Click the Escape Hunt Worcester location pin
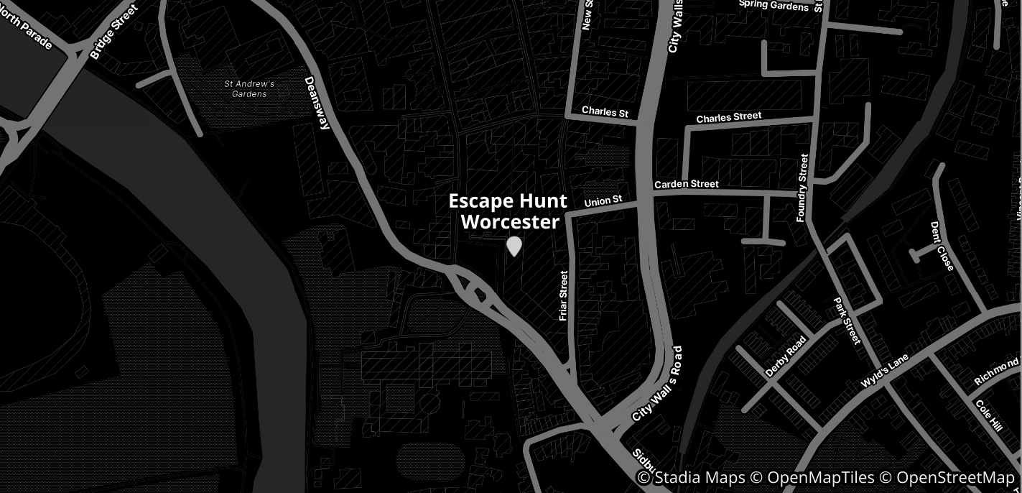tap(514, 247)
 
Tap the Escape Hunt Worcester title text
tap(508, 211)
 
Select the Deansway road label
tap(317, 103)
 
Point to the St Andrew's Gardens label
tap(249, 89)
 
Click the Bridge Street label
tap(113, 32)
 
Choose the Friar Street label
tap(563, 295)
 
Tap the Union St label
tap(602, 202)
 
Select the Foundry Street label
tap(803, 188)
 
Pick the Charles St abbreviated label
tap(605, 112)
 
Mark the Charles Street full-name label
tap(728, 116)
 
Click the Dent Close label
tap(942, 246)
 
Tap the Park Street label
tap(847, 321)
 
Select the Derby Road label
tap(786, 356)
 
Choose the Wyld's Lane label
tap(884, 371)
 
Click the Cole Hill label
tap(988, 415)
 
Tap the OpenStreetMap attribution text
tap(955, 478)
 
